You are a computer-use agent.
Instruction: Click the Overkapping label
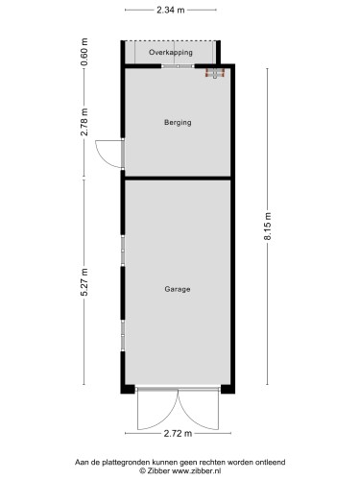178,54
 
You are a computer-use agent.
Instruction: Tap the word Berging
178,123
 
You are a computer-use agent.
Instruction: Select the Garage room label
178,289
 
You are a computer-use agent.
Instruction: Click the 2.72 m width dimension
178,435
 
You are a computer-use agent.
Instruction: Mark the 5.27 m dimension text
84,284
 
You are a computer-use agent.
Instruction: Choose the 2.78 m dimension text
84,122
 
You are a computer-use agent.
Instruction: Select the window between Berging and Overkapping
177,66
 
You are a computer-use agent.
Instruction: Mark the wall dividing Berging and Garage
178,178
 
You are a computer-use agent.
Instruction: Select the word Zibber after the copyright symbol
161,472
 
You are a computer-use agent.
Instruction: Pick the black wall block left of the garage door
129,389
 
